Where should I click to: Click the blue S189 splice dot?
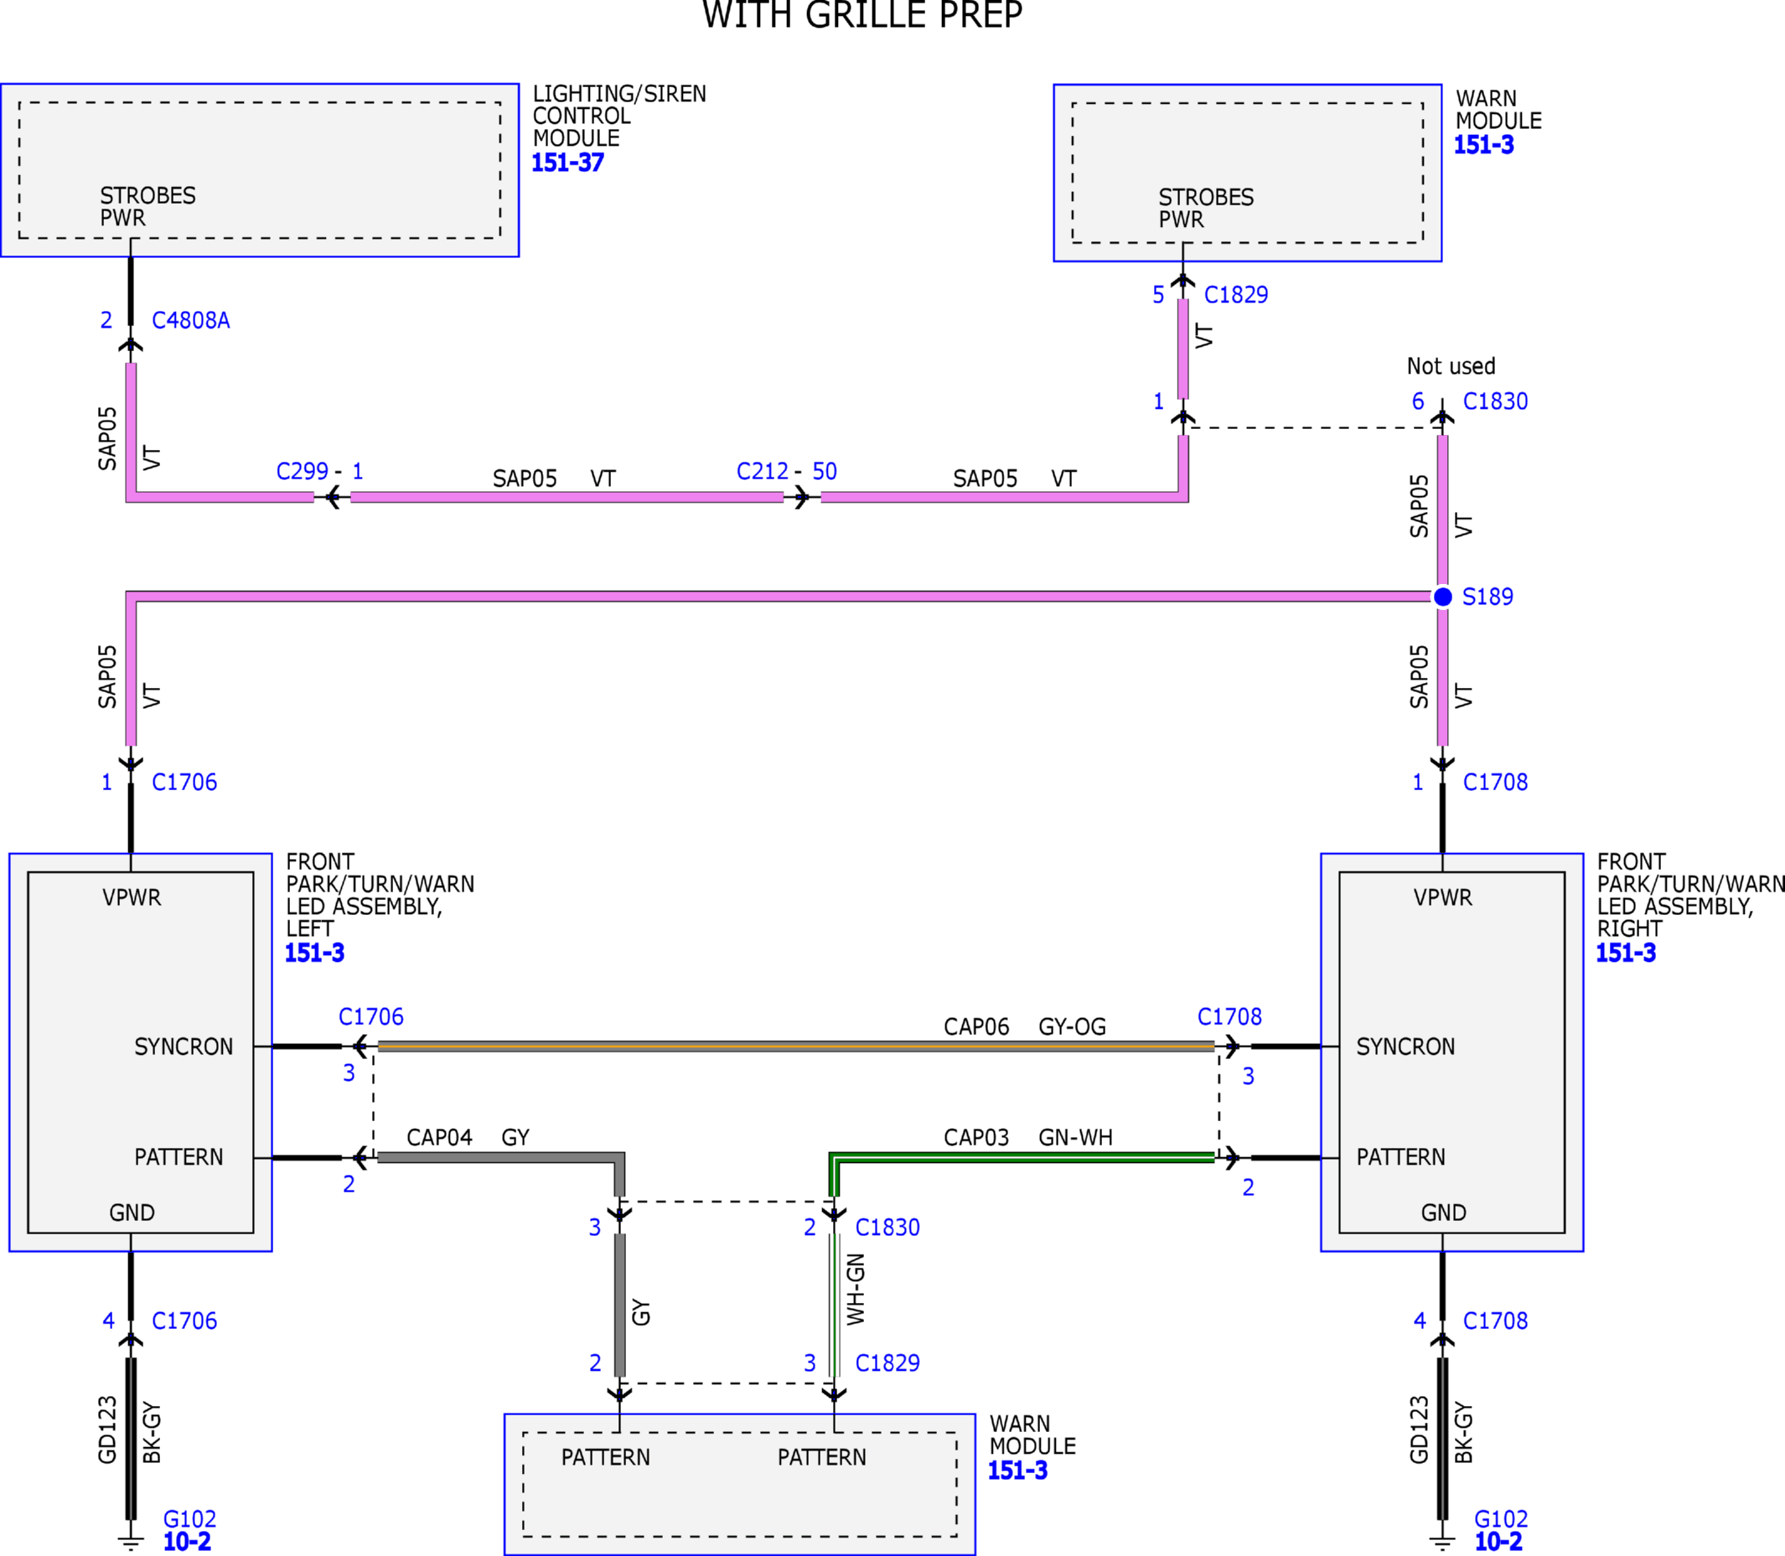[1443, 597]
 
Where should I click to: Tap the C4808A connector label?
[191, 320]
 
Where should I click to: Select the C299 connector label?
[303, 472]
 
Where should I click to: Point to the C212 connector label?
[763, 472]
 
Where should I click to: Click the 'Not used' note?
[1451, 366]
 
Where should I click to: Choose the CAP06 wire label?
[975, 1027]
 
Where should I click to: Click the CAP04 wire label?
[439, 1138]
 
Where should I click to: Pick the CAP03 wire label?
[975, 1138]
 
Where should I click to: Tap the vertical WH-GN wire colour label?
[856, 1290]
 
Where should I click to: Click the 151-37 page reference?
[568, 163]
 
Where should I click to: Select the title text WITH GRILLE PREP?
[862, 15]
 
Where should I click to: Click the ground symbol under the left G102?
[131, 1543]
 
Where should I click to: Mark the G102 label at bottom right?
[1501, 1518]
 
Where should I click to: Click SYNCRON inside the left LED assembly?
[184, 1047]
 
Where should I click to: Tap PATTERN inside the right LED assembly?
[1400, 1157]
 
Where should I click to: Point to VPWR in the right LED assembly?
[1443, 898]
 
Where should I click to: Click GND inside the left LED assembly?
[132, 1213]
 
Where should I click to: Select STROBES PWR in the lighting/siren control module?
[147, 207]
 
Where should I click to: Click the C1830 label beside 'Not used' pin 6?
[1495, 401]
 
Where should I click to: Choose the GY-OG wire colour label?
[1072, 1027]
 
